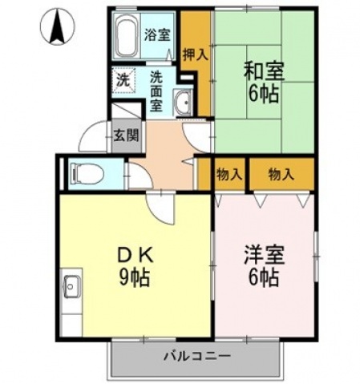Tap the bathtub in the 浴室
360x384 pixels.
127,37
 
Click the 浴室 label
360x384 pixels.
157,35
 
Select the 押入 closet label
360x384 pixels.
195,55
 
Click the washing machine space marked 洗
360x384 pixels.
123,80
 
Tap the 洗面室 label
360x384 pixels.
157,90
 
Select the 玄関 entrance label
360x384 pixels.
123,134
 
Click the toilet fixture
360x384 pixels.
84,172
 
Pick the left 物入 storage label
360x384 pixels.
231,172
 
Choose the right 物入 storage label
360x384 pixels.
280,172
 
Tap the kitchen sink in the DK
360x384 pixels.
70,285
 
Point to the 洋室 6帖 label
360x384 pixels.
262,266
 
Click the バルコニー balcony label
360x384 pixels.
197,355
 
